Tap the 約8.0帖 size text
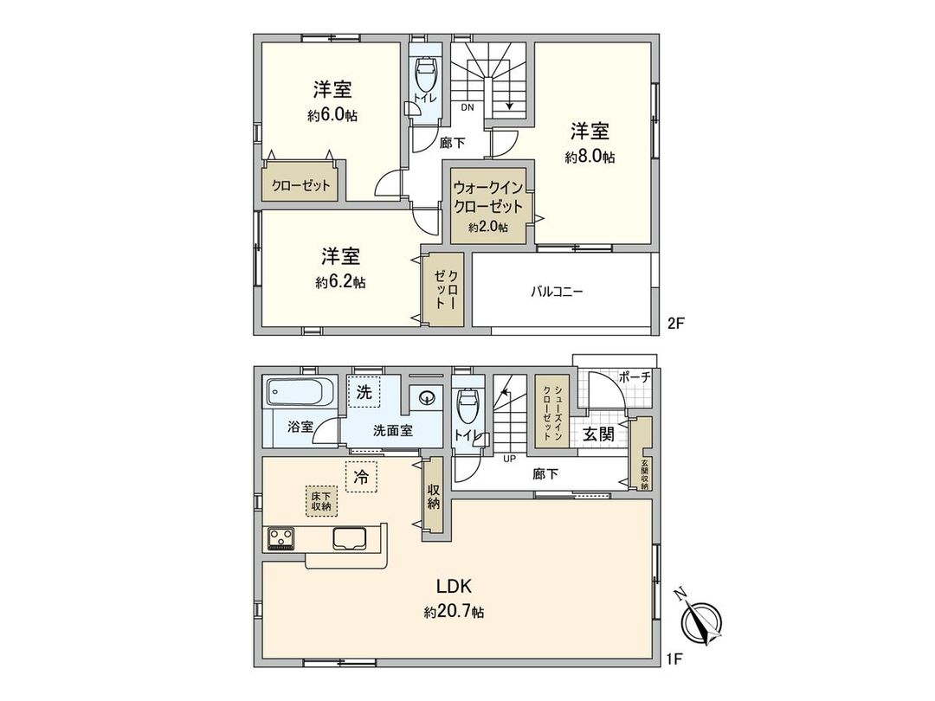tap(590, 158)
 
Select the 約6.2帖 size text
tap(340, 282)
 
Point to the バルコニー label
tap(557, 292)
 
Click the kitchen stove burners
tap(281, 539)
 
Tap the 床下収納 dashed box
tap(321, 500)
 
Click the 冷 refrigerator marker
tap(362, 476)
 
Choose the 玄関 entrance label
tap(597, 434)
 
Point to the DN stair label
tap(467, 107)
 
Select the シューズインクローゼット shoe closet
tap(551, 412)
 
